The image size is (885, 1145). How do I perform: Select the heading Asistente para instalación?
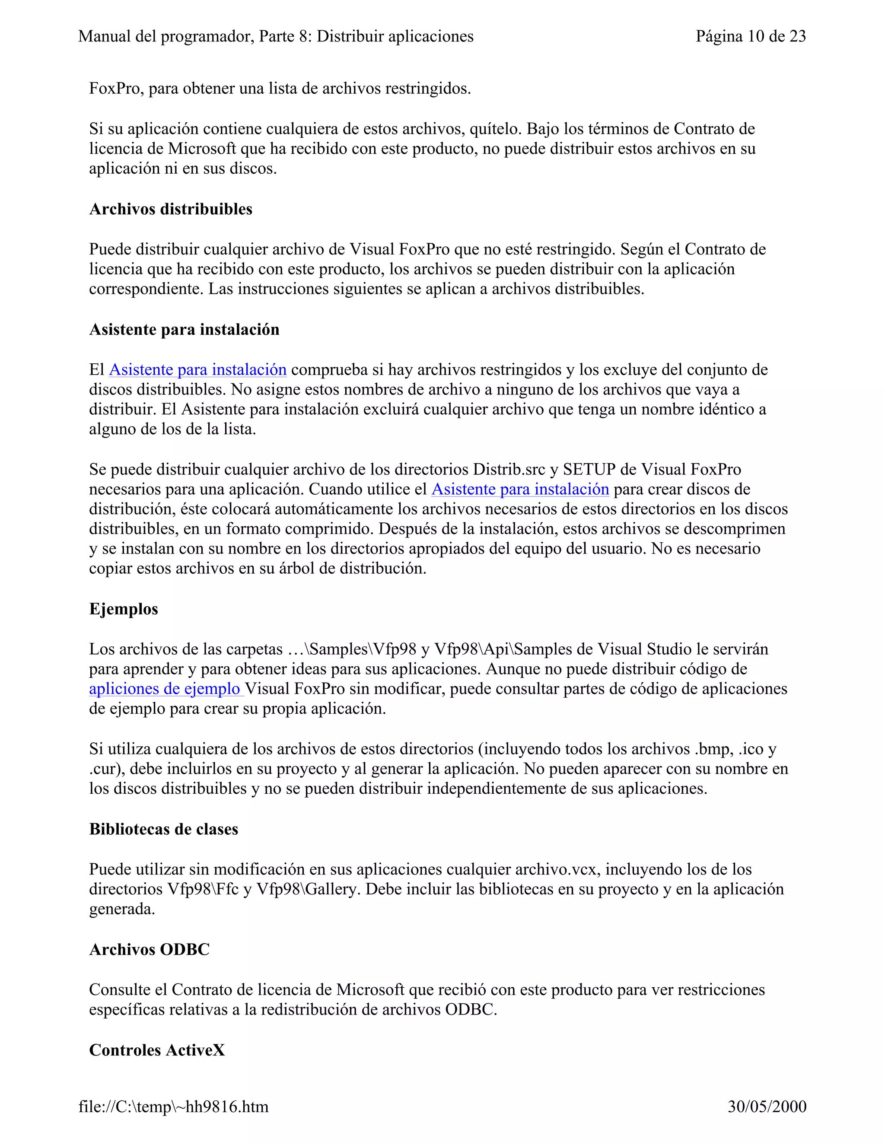tap(184, 329)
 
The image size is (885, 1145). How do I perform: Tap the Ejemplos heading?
tap(123, 609)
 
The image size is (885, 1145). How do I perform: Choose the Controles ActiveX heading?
tap(157, 1050)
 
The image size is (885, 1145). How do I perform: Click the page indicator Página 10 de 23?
tap(750, 36)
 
